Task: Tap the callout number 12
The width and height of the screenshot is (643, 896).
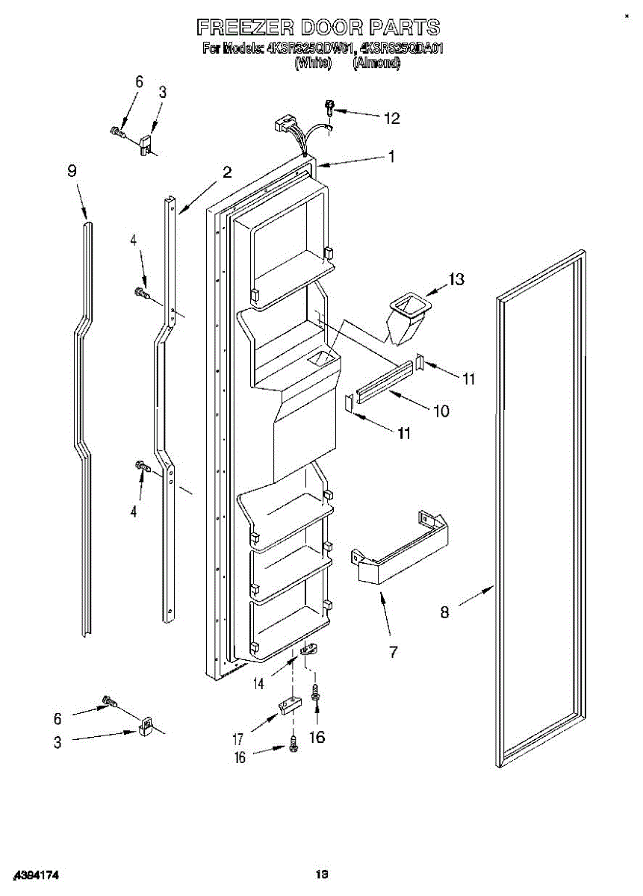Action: click(x=392, y=118)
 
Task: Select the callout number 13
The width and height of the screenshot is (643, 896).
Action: click(x=456, y=279)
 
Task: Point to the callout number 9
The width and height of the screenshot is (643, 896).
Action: click(x=72, y=171)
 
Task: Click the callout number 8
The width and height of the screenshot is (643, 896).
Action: click(x=444, y=612)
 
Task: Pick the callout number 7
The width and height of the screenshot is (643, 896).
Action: click(x=393, y=652)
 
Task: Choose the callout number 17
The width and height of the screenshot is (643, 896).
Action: click(x=238, y=739)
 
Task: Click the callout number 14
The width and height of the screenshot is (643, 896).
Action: click(x=259, y=682)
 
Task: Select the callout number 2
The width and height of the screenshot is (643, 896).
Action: click(x=226, y=172)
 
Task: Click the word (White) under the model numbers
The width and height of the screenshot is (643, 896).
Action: click(x=313, y=64)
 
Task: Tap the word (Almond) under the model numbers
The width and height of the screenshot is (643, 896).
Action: click(x=376, y=64)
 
